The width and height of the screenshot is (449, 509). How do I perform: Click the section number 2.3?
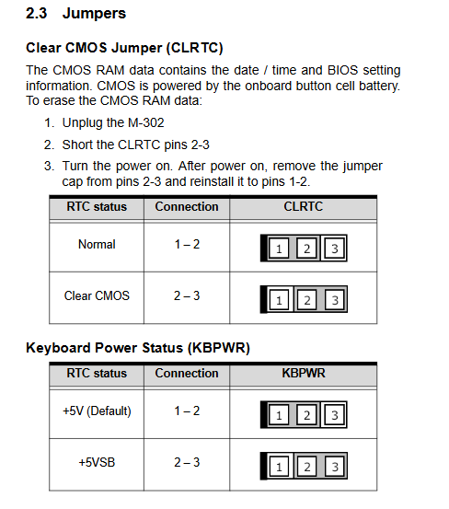36,14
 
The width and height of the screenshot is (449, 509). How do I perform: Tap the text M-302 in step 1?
146,122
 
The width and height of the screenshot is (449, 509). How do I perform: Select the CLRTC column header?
304,206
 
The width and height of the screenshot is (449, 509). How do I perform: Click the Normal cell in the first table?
97,244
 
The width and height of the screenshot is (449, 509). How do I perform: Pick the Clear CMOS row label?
97,295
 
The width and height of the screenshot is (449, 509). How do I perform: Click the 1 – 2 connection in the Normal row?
187,244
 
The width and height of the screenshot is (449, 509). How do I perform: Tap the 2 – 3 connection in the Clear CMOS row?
187,295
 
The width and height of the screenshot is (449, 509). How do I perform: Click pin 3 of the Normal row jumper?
335,249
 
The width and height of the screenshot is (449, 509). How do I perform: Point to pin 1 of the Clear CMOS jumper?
279,300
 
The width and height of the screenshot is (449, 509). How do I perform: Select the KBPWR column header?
304,373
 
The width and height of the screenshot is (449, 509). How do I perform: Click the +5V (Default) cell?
97,411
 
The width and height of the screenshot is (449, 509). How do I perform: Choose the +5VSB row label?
97,462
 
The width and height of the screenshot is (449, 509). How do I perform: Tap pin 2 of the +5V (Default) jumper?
306,415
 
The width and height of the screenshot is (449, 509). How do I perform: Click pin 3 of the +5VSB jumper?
335,467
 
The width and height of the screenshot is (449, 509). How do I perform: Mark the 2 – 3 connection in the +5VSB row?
187,462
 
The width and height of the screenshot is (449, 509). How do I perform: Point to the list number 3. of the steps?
49,166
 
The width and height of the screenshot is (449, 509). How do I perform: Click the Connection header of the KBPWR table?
187,373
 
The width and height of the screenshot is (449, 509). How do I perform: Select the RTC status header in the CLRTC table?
97,206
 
